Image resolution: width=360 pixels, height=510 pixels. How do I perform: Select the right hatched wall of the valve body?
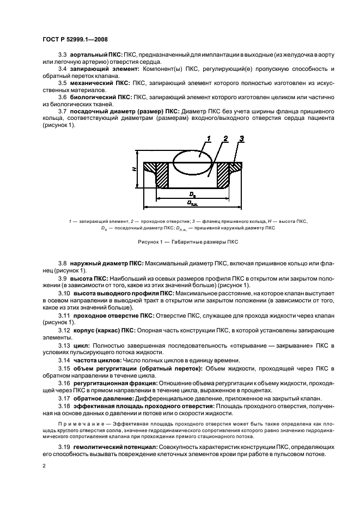[225, 176]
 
